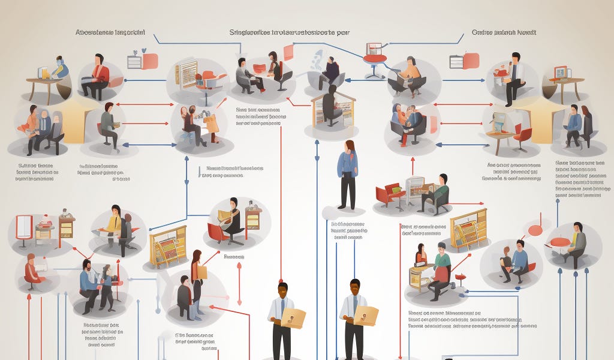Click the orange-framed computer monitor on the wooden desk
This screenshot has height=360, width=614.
point(560,73)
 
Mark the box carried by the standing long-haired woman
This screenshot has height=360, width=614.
point(201,271)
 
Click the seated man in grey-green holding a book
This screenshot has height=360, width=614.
point(109,122)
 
